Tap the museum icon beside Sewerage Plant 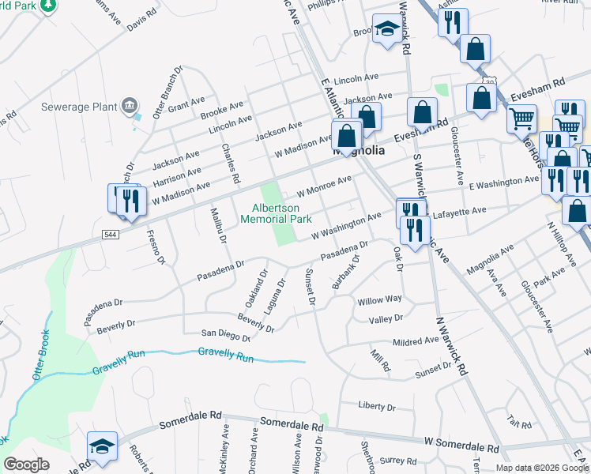129,105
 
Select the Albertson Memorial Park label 281,213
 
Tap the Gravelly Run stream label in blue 226,358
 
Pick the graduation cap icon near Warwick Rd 387,30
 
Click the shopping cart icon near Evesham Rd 521,118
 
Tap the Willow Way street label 380,300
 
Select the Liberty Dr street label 376,407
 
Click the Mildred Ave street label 416,341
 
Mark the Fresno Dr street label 156,246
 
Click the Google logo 27,465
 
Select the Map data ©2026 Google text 542,468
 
